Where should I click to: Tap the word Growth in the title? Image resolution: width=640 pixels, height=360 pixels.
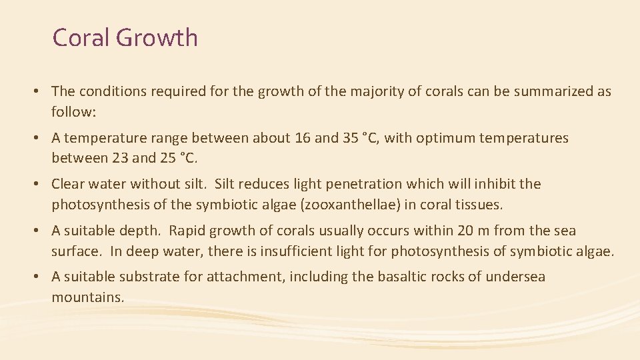click(x=157, y=38)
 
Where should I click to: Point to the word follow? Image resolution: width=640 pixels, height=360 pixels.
click(x=74, y=112)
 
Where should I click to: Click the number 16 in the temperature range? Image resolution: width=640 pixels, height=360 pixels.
click(x=303, y=138)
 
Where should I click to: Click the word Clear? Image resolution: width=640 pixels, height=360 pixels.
click(x=69, y=184)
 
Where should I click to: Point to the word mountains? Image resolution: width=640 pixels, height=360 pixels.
click(x=88, y=297)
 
